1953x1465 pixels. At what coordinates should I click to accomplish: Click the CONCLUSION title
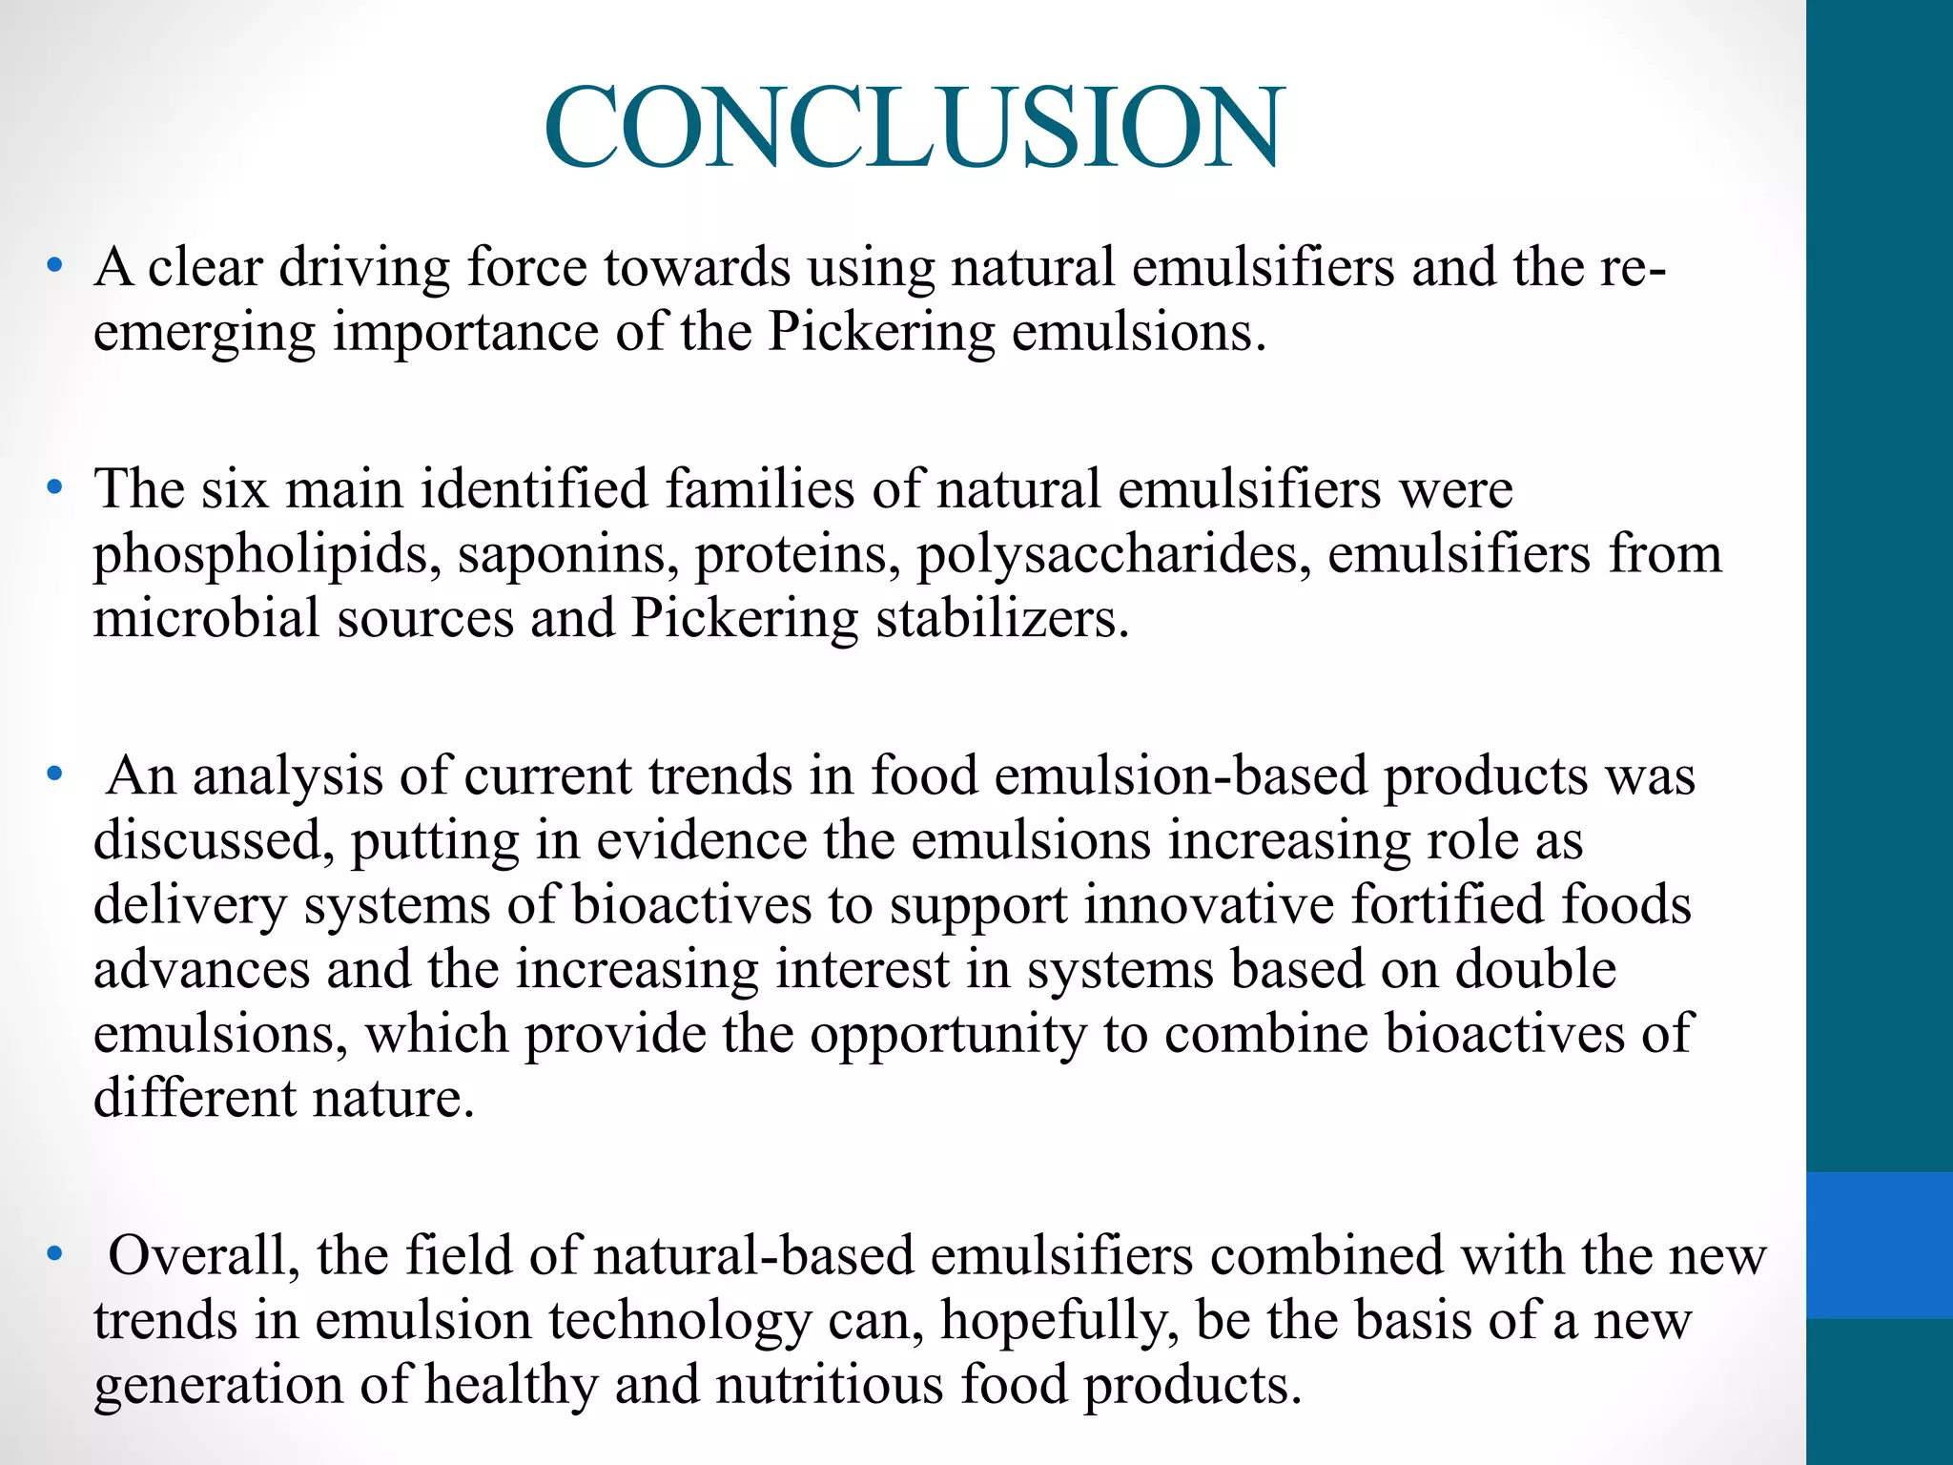(x=914, y=128)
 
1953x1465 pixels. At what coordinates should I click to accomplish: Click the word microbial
(x=206, y=618)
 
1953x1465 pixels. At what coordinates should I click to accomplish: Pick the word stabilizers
(x=1002, y=618)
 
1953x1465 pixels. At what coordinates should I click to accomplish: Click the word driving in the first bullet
(x=363, y=267)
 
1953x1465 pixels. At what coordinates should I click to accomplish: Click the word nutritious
(x=829, y=1384)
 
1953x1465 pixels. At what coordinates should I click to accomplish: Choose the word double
(x=1534, y=969)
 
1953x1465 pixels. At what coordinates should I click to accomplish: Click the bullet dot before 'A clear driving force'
(x=55, y=266)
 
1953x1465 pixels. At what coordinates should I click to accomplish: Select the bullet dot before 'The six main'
(x=55, y=488)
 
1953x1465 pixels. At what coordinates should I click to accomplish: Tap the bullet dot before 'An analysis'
(x=55, y=774)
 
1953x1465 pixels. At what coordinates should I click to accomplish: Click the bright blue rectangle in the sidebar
(x=1879, y=1245)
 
